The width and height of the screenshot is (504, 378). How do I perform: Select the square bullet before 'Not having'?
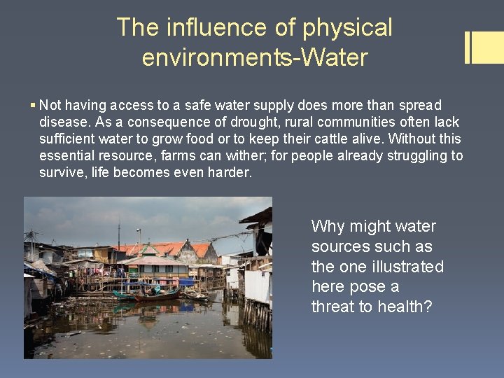34,105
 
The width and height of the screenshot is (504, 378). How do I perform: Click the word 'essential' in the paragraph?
69,155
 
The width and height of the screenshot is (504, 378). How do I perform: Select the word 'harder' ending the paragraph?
230,172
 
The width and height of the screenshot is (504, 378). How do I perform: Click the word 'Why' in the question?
328,226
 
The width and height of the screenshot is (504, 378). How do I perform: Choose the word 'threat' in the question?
332,307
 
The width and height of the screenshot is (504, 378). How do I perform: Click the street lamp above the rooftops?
138,232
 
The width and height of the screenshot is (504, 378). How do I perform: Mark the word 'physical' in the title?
347,27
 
